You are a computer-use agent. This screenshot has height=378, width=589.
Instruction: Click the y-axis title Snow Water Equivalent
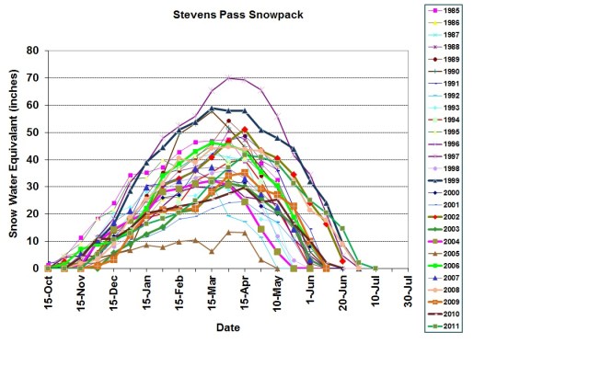click(x=16, y=159)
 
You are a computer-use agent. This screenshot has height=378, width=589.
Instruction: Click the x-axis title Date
click(x=229, y=327)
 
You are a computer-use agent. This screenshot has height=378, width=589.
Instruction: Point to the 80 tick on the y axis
click(x=33, y=51)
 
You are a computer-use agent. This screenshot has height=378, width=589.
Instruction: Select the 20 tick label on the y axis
click(x=33, y=214)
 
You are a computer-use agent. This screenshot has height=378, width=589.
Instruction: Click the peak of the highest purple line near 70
click(x=227, y=78)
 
